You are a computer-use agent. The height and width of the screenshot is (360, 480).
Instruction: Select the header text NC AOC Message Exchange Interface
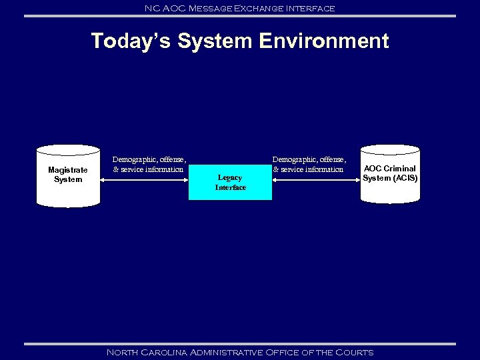coord(239,8)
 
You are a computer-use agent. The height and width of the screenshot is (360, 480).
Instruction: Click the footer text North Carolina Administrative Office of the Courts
coord(239,352)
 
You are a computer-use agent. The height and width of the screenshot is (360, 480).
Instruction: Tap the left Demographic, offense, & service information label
coord(149,165)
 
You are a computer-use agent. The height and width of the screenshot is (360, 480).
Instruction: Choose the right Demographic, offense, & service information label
coord(309,165)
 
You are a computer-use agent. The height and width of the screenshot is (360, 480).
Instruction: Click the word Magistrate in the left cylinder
coord(67,170)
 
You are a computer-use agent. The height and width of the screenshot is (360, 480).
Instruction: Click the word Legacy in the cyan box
coord(230,177)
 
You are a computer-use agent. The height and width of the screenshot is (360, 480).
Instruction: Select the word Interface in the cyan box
coord(230,187)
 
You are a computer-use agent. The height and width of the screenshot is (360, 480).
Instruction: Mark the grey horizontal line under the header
coord(239,16)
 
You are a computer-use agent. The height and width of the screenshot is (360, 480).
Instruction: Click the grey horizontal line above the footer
coord(239,344)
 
